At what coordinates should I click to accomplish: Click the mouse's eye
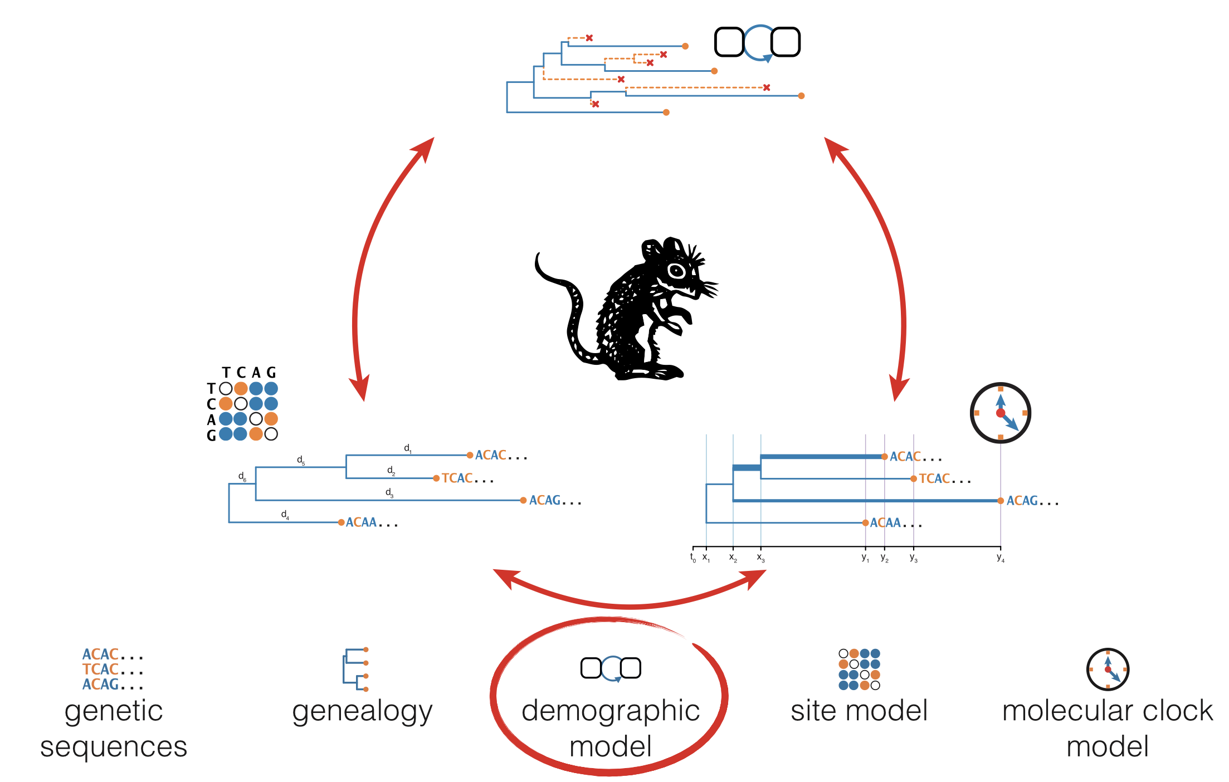676,271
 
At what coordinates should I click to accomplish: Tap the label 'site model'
859,711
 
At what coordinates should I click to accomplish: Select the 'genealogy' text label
362,711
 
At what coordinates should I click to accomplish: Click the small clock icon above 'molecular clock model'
1108,669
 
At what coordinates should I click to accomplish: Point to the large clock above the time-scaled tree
1000,413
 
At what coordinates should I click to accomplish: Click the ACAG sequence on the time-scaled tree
1022,501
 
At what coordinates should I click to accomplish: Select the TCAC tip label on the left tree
457,478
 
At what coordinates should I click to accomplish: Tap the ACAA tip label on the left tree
362,522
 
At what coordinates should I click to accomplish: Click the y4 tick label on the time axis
1001,558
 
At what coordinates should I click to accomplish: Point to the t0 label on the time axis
693,557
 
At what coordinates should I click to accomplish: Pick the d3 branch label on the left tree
389,492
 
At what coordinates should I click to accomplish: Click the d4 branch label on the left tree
285,515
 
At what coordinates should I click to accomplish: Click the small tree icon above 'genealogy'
355,669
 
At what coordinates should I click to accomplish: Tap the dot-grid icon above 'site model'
859,669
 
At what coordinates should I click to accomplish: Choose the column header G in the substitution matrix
271,372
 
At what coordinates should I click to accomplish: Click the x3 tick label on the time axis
760,558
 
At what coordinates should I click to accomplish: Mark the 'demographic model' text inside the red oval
611,728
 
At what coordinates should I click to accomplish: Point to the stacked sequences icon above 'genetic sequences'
113,669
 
